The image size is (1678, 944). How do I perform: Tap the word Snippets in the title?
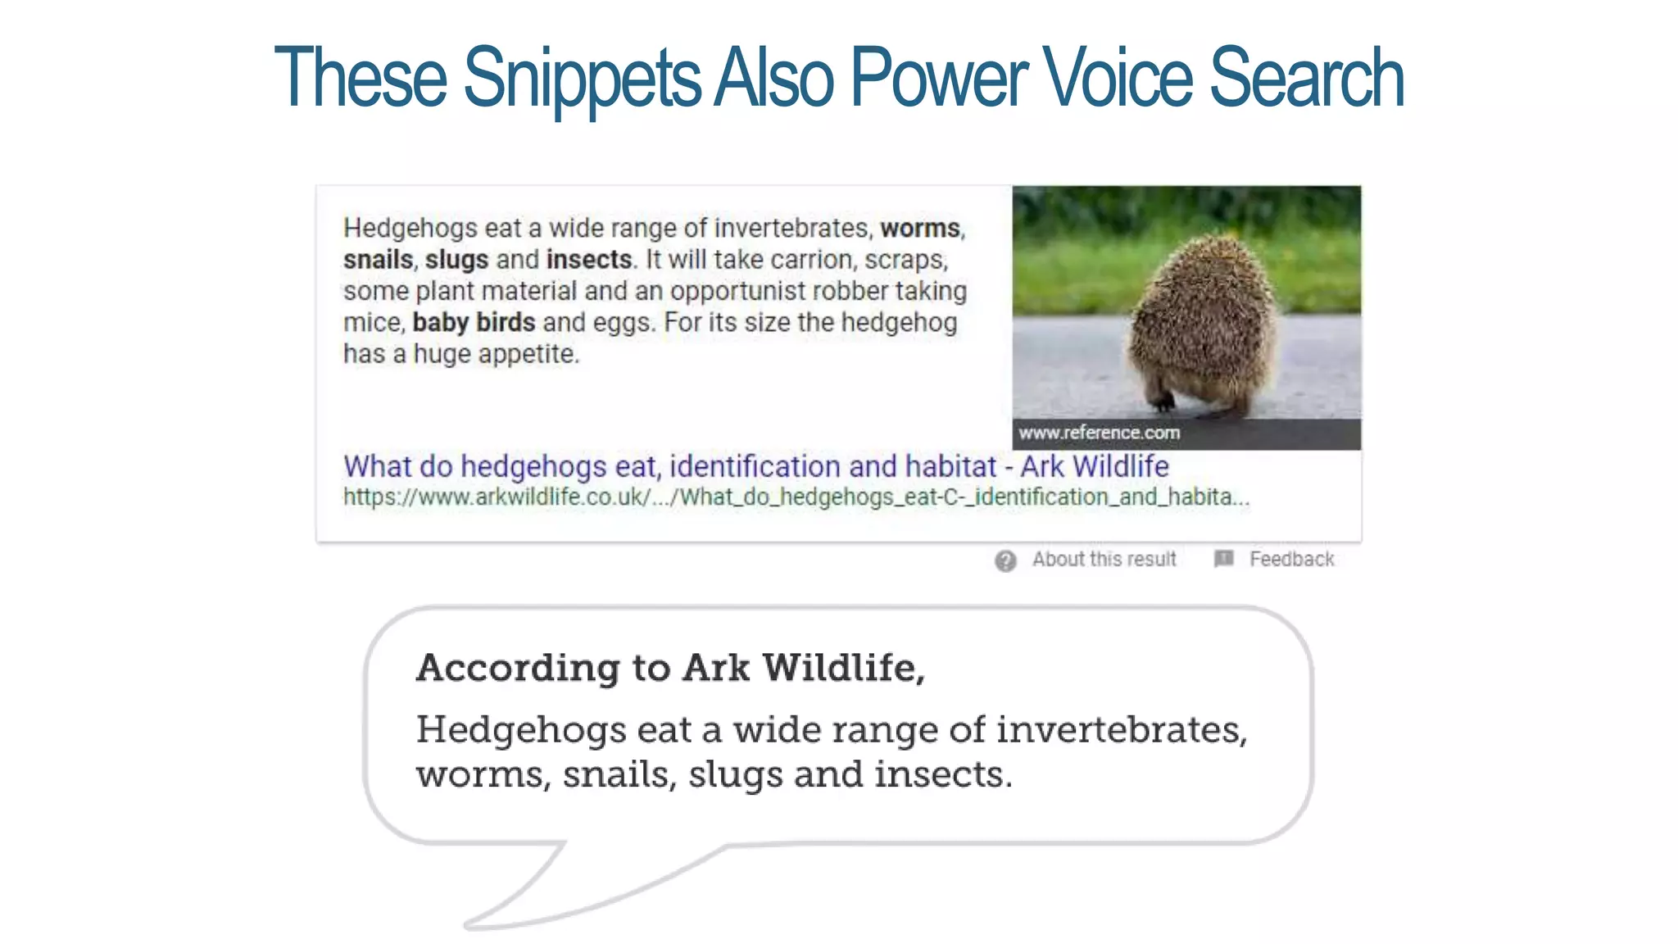pos(582,79)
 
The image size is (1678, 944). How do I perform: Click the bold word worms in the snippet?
pos(919,228)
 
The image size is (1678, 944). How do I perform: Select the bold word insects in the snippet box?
pos(588,260)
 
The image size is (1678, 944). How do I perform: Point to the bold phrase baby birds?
pos(474,322)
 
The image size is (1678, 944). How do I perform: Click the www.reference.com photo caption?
pos(1099,433)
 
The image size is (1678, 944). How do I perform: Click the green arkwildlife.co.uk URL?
pos(795,497)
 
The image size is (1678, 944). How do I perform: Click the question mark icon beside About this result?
pos(1005,560)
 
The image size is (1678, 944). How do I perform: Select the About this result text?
pos(1104,560)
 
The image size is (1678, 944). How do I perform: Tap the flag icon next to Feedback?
pos(1223,559)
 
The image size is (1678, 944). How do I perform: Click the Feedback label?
pos(1291,560)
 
